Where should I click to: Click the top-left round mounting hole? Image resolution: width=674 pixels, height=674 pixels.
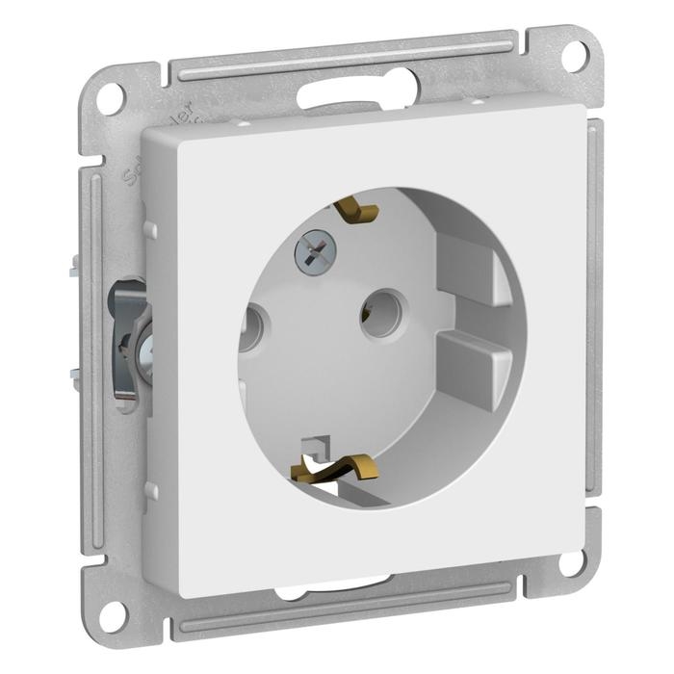pos(112,96)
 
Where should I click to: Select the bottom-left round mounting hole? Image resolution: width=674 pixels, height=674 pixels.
pos(114,612)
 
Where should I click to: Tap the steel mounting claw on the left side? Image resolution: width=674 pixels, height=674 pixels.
pos(130,337)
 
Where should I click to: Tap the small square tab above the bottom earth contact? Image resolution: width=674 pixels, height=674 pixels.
pos(315,444)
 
